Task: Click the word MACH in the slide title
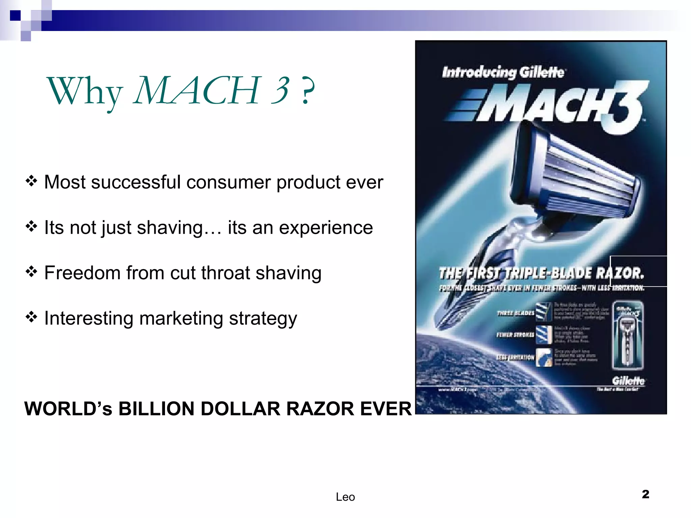(x=197, y=90)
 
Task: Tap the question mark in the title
(x=308, y=91)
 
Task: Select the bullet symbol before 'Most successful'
(x=31, y=181)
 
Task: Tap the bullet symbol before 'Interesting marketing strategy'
(x=31, y=317)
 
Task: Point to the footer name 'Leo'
(x=345, y=497)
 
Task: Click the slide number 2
(x=645, y=494)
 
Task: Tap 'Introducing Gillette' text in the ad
(x=503, y=72)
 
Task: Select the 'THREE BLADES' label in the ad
(x=516, y=313)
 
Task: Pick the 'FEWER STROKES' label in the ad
(x=515, y=335)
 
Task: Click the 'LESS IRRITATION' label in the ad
(x=515, y=357)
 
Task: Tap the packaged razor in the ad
(x=628, y=336)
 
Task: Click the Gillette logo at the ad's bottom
(x=628, y=381)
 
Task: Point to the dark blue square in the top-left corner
(x=15, y=16)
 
